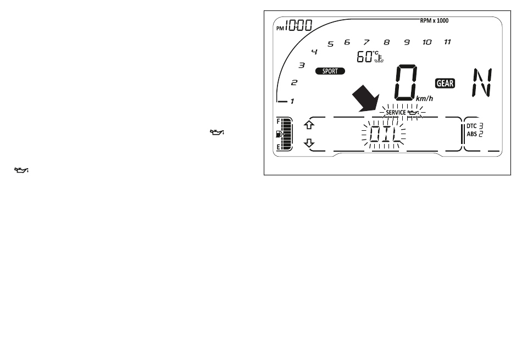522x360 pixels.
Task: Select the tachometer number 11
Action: [x=447, y=42]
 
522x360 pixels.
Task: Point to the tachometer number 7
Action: [x=366, y=42]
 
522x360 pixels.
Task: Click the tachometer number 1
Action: [x=292, y=101]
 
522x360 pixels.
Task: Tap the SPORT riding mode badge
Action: [x=330, y=71]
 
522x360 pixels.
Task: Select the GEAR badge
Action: [x=445, y=83]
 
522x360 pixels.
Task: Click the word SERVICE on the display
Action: [x=391, y=113]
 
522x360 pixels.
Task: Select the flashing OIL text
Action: [x=382, y=136]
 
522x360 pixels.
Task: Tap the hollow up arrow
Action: [x=309, y=125]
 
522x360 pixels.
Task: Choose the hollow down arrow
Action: [x=309, y=144]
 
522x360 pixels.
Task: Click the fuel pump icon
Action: [x=280, y=134]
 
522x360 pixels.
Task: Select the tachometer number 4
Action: [x=314, y=52]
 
